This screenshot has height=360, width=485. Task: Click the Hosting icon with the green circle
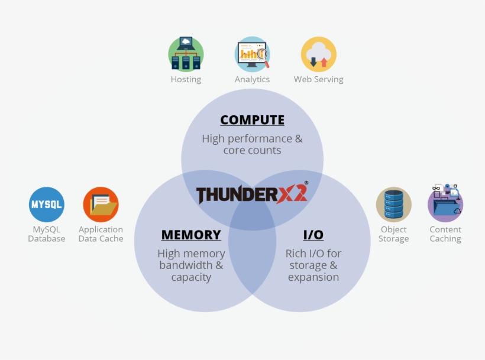(x=186, y=54)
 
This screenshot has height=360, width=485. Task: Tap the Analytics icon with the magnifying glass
(x=253, y=54)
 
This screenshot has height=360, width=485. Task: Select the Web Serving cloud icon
(x=319, y=54)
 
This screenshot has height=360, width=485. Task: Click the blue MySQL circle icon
(x=47, y=205)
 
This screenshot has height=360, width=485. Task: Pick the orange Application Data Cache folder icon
(x=101, y=205)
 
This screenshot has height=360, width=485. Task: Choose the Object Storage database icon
(x=393, y=205)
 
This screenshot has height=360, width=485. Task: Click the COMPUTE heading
(x=253, y=120)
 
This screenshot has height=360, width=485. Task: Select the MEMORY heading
(x=191, y=235)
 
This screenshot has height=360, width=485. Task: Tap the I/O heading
(x=313, y=235)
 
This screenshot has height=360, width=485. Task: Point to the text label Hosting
(x=186, y=79)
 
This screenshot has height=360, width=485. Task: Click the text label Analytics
(x=253, y=79)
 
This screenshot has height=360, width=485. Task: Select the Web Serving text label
(x=319, y=79)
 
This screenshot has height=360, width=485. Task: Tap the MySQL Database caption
(x=47, y=234)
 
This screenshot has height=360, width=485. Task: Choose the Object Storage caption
(x=393, y=234)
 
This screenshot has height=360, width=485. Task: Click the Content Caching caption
(x=445, y=234)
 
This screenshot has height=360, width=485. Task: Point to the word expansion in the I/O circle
(x=313, y=277)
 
